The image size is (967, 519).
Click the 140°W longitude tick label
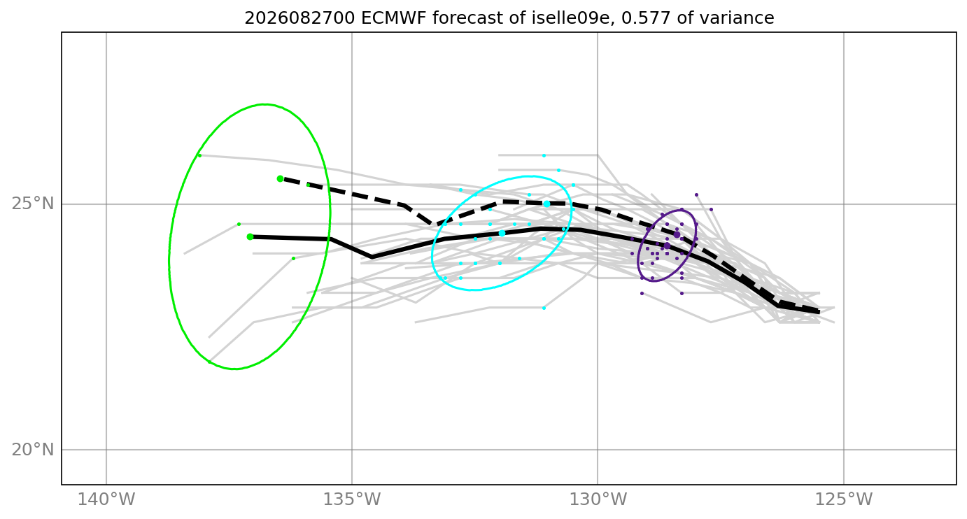106,499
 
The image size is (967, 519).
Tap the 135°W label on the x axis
352,499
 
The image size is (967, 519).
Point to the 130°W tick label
598,499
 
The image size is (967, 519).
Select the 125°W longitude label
844,499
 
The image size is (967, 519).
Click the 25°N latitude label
33,204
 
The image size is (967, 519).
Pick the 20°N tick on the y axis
33,450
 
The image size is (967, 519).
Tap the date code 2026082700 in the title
300,18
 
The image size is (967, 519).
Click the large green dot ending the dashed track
280,178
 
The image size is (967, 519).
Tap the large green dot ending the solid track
250,237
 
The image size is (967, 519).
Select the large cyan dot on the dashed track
546,204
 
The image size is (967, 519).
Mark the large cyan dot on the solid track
502,234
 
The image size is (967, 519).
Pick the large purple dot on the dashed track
677,235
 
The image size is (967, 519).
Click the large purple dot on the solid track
667,246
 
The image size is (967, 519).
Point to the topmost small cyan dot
544,155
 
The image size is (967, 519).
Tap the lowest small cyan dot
544,308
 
